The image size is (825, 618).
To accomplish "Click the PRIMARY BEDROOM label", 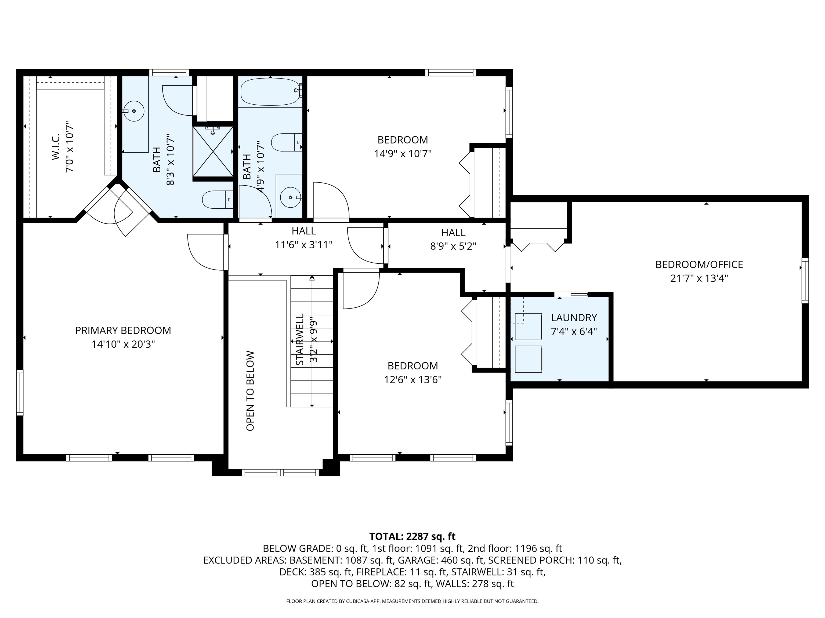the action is click(123, 330).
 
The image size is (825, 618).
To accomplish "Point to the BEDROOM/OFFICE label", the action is click(699, 264).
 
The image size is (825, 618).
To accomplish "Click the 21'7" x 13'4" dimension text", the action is click(699, 278).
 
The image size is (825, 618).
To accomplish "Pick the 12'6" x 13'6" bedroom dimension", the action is click(412, 380).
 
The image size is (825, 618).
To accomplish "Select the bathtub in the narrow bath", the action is click(270, 92).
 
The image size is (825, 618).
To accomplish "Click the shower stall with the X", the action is click(213, 151).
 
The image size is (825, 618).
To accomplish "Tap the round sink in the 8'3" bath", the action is click(133, 111).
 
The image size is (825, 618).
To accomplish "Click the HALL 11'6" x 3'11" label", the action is click(303, 238).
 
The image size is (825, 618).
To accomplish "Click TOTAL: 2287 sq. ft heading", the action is click(412, 536).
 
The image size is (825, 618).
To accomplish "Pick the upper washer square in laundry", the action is click(528, 327).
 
